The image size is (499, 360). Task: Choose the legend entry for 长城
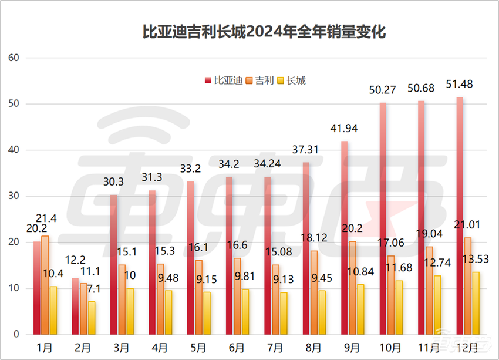click(x=292, y=80)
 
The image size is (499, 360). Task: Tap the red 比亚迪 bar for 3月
click(x=113, y=264)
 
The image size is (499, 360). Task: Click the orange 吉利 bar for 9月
click(x=352, y=288)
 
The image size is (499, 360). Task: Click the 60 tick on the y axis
click(x=15, y=58)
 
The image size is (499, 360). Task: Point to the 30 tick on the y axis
click(x=15, y=196)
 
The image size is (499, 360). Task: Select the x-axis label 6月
click(x=237, y=348)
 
